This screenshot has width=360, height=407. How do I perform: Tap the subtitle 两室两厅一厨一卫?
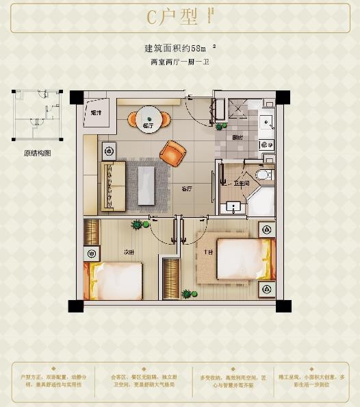(x=179, y=62)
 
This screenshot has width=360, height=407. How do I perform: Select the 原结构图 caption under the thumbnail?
(x=37, y=153)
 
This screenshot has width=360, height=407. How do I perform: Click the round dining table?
(x=148, y=119)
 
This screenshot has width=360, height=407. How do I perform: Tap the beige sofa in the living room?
(x=113, y=185)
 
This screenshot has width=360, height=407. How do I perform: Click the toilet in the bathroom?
(x=263, y=175)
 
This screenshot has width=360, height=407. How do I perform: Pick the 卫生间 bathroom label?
(x=240, y=183)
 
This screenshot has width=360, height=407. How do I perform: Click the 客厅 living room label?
(x=186, y=188)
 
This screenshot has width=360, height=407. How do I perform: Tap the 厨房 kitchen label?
(x=237, y=137)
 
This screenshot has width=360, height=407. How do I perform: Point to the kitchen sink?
(x=267, y=122)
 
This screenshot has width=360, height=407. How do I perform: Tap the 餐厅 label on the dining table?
(x=148, y=126)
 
